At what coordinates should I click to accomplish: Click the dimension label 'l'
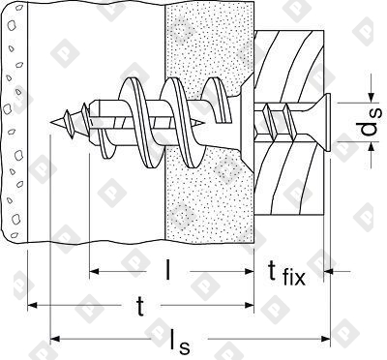pyautogui.click(x=167, y=269)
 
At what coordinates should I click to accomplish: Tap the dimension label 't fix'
pyautogui.click(x=286, y=273)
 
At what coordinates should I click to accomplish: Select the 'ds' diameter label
pyautogui.click(x=372, y=122)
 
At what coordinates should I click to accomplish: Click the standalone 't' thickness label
pyautogui.click(x=139, y=306)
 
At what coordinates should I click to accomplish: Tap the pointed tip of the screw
pyautogui.click(x=51, y=122)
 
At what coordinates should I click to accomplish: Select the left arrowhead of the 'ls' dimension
pyautogui.click(x=55, y=339)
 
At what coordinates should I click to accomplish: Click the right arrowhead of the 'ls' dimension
pyautogui.click(x=326, y=339)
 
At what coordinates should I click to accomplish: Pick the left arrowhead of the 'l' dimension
pyautogui.click(x=94, y=272)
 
